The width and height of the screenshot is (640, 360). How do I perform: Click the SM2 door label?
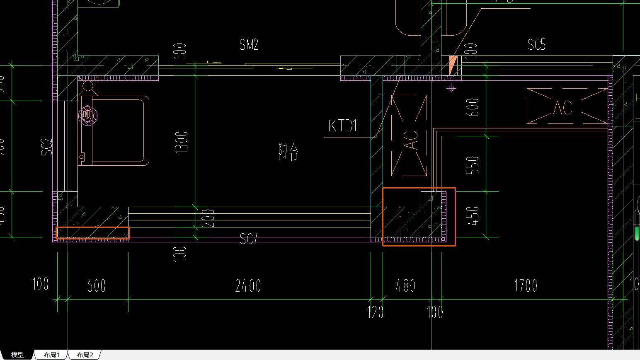pos(249,45)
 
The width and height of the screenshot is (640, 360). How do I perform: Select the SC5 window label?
pos(536,45)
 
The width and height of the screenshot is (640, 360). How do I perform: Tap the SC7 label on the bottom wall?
pos(249,238)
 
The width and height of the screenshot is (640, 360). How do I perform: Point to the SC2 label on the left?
pos(47,147)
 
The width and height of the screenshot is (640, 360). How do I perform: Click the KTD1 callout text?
pos(342,126)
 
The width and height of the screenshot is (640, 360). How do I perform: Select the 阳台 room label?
pos(288,151)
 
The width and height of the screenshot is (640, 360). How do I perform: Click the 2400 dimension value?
pos(248,286)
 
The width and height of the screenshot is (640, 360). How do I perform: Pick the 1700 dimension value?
pos(526,286)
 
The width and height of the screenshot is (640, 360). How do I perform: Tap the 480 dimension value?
pos(405,286)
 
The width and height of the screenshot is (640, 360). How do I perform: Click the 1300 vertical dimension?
pos(182,142)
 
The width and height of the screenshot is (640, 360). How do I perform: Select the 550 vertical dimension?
pos(473,165)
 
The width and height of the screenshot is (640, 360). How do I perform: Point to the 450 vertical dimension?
pos(473,215)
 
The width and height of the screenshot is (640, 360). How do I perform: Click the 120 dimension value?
pos(376,312)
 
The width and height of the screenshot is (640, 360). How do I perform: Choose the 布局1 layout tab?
pos(52,355)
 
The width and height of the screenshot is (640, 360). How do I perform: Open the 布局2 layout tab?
pos(85,355)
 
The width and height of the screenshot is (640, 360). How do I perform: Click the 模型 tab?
pos(17,355)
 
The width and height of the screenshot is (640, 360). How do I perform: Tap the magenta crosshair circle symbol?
pos(451,88)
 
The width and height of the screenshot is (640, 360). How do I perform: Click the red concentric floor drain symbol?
pos(87,116)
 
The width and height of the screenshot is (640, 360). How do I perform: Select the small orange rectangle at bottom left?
pos(93,233)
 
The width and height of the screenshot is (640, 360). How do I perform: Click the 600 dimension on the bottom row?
pos(97,286)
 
